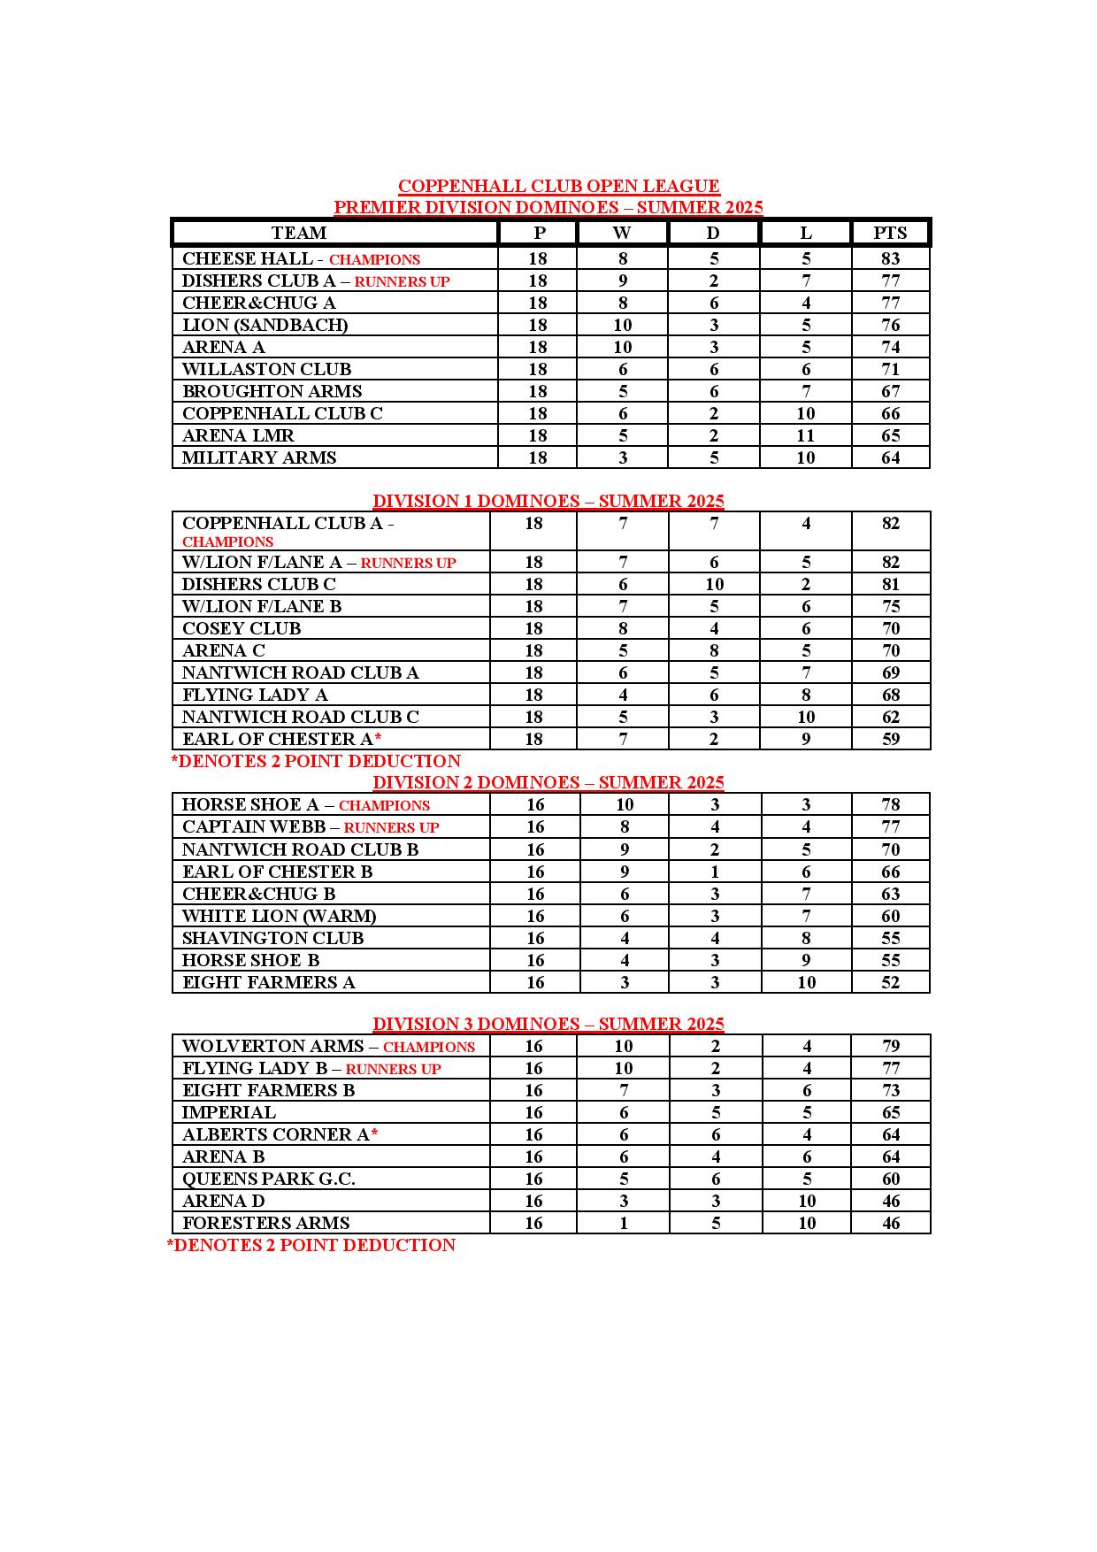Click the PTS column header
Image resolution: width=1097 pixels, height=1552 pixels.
(x=890, y=233)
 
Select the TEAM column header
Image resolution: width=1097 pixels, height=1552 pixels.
(x=299, y=233)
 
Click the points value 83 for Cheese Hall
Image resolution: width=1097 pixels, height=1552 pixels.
(x=890, y=258)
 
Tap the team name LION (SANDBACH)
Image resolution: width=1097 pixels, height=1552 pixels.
(x=265, y=325)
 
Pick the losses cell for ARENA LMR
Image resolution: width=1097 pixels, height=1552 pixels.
(x=805, y=435)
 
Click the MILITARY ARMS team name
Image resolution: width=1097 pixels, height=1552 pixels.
(x=259, y=457)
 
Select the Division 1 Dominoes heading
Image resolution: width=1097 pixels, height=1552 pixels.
(x=548, y=501)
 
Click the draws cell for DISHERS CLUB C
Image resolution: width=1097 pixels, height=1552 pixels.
(x=714, y=584)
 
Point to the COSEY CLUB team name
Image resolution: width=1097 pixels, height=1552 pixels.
(x=242, y=628)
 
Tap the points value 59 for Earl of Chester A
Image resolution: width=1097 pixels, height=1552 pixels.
(x=890, y=739)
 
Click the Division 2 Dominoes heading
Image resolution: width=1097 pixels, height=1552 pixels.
(x=548, y=782)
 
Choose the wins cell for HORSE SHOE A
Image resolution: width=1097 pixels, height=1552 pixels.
(x=625, y=804)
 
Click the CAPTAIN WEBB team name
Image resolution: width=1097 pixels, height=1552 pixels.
(x=255, y=826)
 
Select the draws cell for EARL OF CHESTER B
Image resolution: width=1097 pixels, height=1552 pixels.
(x=715, y=872)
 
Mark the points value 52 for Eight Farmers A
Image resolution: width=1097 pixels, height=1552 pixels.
(x=890, y=982)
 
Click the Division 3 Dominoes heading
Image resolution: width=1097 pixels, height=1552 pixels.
(x=548, y=1024)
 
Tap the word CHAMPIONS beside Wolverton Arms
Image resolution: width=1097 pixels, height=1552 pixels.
(x=429, y=1047)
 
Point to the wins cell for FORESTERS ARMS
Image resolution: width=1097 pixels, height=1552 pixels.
(x=624, y=1223)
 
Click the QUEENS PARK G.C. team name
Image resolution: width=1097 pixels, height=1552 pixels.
(x=269, y=1179)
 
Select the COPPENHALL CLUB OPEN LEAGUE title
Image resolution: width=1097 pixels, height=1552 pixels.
(x=558, y=186)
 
